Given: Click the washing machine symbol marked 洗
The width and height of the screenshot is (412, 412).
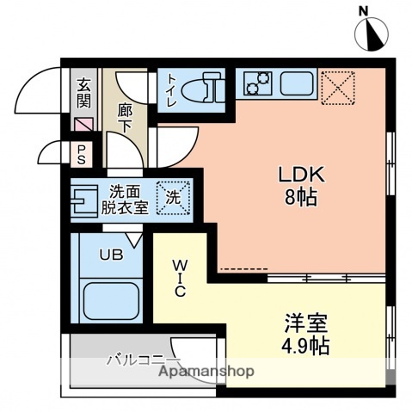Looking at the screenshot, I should coord(172,197).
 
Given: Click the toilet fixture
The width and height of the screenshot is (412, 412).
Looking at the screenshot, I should coord(204,87).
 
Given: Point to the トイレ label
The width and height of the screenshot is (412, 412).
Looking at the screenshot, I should coord(171,89).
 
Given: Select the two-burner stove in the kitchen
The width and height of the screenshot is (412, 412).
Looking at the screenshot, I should coord(256,83).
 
